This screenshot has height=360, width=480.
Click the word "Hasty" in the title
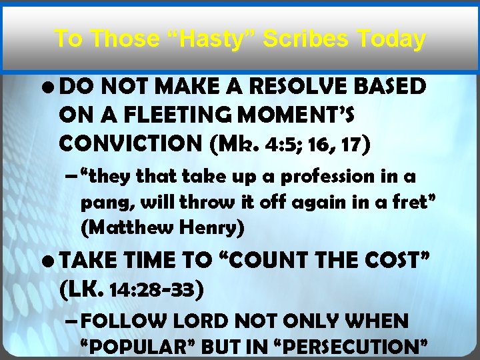tap(211, 39)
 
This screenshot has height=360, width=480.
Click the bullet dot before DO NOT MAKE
tap(50, 87)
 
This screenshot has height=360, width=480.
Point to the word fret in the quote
tap(411, 202)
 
